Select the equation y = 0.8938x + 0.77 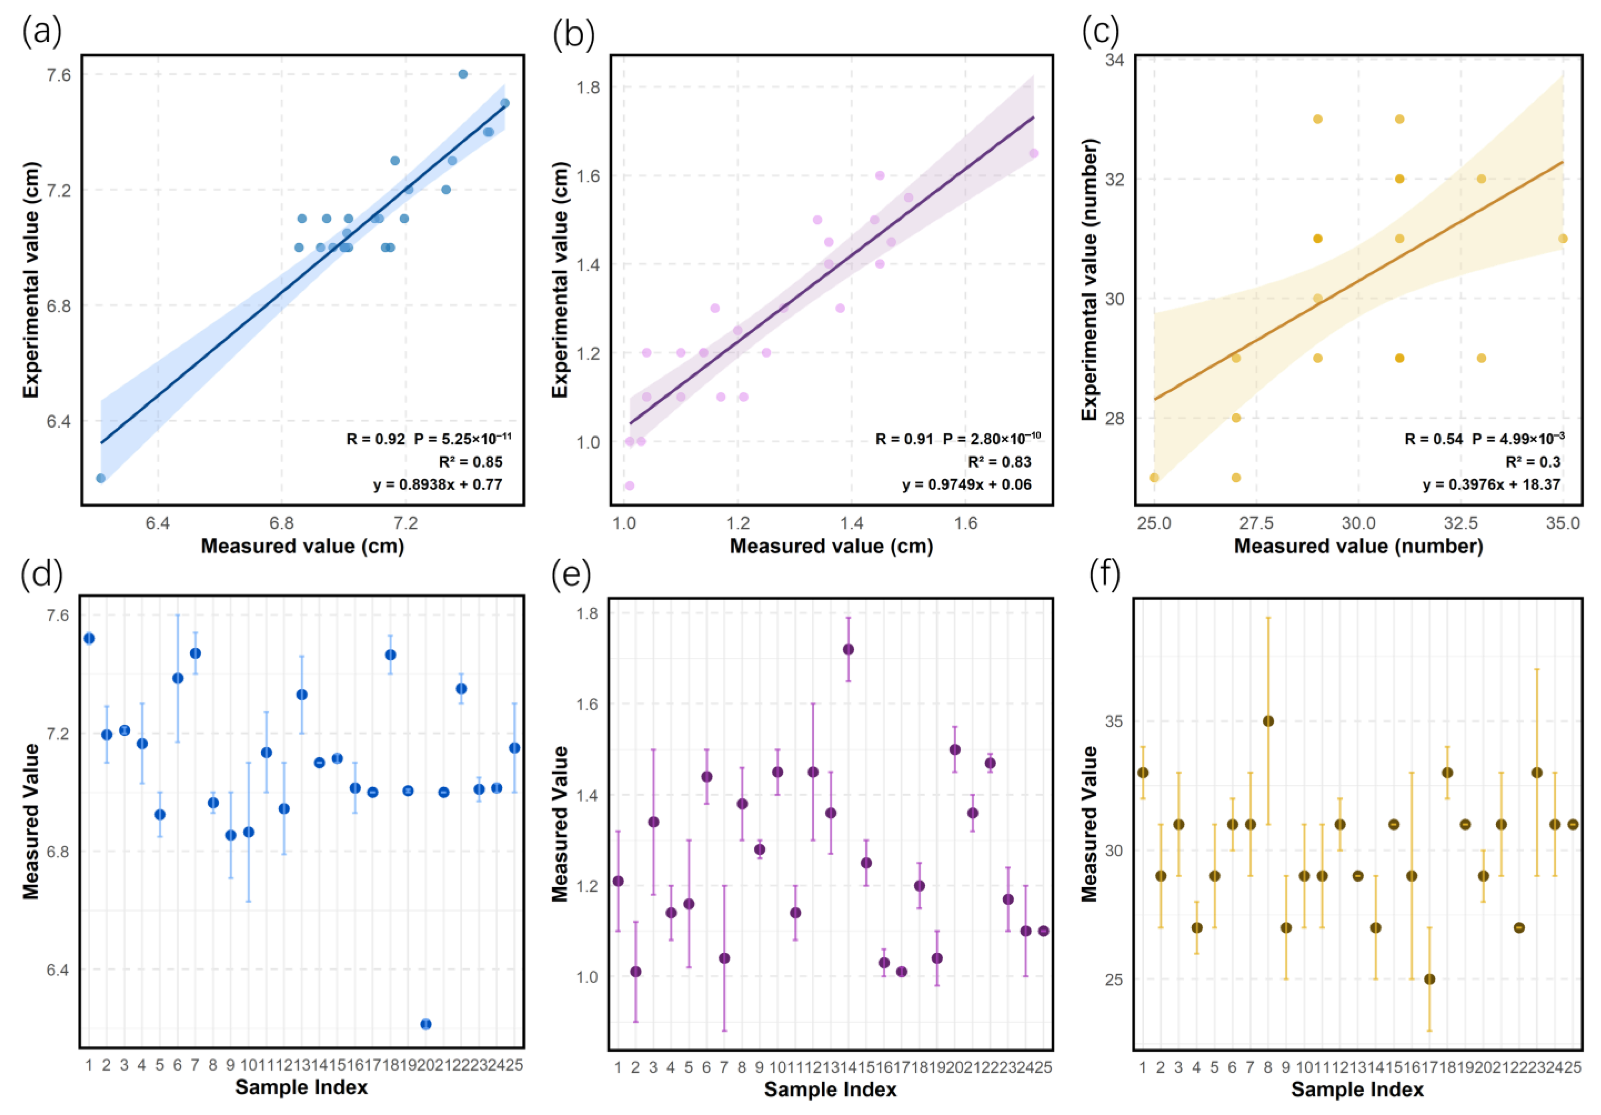(x=437, y=484)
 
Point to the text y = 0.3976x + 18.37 (x=1491, y=484)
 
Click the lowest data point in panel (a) (x=100, y=478)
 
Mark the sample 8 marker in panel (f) (x=1268, y=721)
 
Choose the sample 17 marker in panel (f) (x=1429, y=979)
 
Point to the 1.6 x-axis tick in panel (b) (x=966, y=523)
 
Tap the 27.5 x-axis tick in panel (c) (x=1256, y=523)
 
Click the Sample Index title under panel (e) (x=830, y=1089)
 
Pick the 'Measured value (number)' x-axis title (x=1357, y=545)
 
